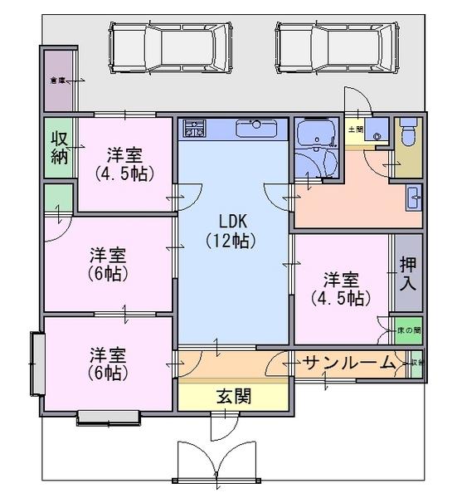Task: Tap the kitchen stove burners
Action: [x=194, y=129]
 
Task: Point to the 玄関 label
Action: [x=235, y=396]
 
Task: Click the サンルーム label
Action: [x=348, y=363]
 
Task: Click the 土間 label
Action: [x=356, y=129]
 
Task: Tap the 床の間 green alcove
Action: [x=408, y=330]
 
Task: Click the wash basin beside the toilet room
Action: [x=412, y=198]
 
